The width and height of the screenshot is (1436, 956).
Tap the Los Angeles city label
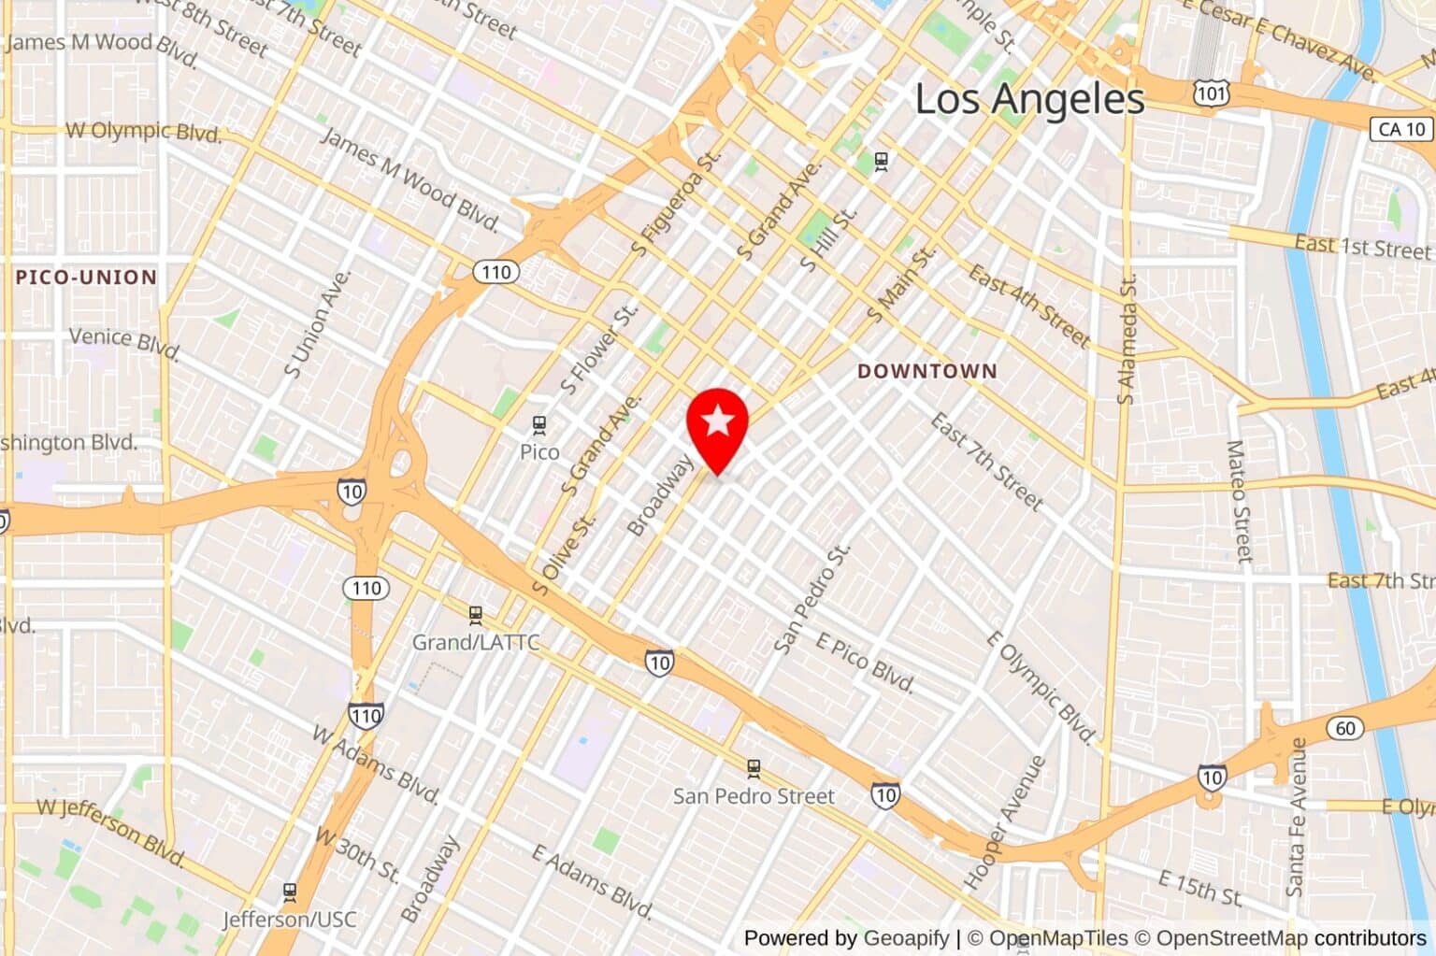1029,99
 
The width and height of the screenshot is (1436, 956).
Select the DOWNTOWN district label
927,371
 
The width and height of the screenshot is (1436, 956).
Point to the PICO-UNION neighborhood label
86,278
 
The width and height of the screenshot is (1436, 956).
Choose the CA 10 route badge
1401,129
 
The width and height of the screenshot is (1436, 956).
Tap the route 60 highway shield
1344,728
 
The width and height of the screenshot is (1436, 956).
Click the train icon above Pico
538,425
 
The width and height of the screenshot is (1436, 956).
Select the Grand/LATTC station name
476,643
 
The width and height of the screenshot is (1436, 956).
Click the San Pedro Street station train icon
754,768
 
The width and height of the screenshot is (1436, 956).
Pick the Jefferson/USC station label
289,920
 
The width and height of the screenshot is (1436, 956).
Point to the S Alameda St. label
1127,339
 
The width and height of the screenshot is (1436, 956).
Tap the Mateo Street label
1239,502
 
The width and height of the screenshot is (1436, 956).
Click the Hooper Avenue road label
1004,822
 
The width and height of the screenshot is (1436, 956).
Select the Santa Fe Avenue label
1297,817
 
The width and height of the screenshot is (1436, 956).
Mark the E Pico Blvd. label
865,662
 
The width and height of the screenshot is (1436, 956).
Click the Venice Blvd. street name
124,342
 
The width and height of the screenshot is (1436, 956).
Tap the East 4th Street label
1028,306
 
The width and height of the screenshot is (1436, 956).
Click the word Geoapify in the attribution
905,938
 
